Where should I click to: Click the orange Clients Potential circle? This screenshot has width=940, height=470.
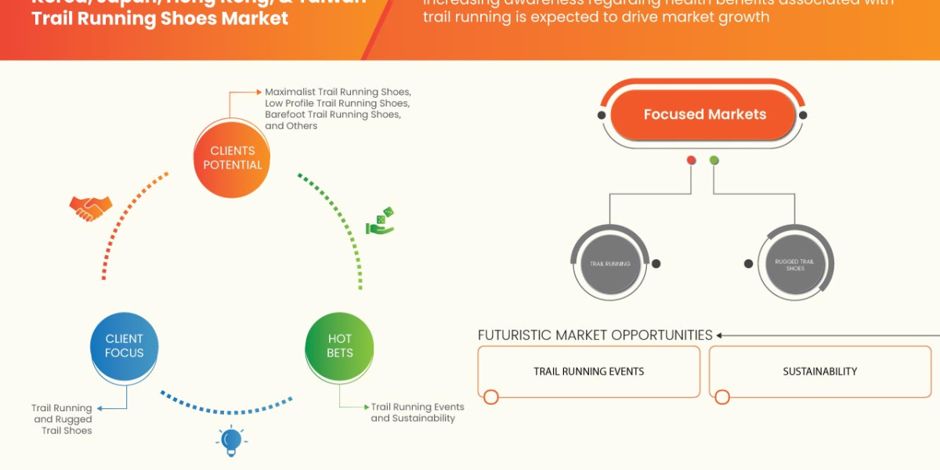(x=232, y=158)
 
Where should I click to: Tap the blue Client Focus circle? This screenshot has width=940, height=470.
(x=124, y=345)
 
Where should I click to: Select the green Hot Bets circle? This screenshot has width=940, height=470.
(x=339, y=345)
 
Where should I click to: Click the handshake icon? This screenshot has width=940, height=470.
(x=90, y=207)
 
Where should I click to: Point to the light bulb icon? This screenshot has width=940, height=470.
(x=231, y=441)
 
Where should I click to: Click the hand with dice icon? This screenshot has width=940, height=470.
(x=380, y=221)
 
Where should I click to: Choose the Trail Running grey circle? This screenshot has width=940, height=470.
(x=610, y=264)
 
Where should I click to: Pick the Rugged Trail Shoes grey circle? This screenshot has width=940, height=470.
(x=794, y=264)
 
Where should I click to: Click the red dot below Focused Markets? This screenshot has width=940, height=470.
(x=691, y=160)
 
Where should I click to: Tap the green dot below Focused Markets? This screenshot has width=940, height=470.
(x=714, y=160)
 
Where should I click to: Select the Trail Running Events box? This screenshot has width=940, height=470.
(x=588, y=371)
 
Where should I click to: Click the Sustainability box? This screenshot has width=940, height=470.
(x=819, y=371)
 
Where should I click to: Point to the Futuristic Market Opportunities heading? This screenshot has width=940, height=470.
(x=595, y=335)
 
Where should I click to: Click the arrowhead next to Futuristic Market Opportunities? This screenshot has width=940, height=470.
(x=719, y=335)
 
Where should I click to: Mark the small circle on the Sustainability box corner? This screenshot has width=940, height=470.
(x=722, y=397)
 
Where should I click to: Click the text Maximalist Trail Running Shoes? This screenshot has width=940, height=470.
(x=338, y=92)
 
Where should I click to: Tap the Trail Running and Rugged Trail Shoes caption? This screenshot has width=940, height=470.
(x=62, y=419)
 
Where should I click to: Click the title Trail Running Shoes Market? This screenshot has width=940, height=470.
(x=160, y=18)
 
